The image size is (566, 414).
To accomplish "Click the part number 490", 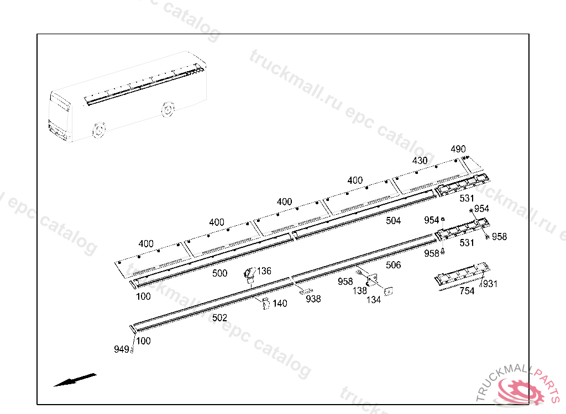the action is click(458, 149).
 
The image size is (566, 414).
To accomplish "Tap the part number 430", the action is click(420, 161).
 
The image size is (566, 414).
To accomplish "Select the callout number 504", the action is click(394, 221).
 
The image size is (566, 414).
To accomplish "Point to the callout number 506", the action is click(394, 266).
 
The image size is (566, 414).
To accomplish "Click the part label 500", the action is click(219, 273).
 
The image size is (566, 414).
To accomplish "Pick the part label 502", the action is click(219, 318).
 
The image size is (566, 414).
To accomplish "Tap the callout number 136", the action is click(264, 271).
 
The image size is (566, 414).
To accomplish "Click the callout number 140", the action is click(280, 304).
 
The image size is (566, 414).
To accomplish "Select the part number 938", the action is click(313, 299).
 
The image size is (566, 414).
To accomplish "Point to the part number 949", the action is click(122, 349).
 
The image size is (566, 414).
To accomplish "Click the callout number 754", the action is click(467, 291).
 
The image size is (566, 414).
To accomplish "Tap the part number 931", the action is click(490, 284).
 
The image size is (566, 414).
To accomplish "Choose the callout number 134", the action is click(374, 300).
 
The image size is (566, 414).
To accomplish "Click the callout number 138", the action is click(360, 290).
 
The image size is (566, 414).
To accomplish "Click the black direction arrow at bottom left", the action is click(75, 380).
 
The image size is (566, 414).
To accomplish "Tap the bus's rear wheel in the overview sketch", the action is click(166, 109).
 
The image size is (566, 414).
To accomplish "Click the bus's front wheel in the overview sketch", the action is click(98, 130).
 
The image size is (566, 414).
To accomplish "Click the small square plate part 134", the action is click(389, 290).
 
